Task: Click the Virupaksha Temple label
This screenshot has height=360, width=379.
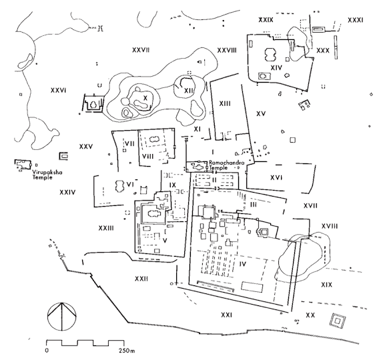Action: (x=47, y=175)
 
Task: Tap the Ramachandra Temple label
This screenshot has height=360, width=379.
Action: (x=227, y=165)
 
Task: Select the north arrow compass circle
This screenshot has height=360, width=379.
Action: (x=62, y=317)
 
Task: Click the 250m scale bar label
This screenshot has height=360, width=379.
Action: (x=127, y=351)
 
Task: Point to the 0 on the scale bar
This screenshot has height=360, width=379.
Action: (x=47, y=351)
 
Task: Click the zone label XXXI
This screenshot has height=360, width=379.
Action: (x=355, y=20)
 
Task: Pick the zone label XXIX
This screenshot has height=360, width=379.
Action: (x=266, y=20)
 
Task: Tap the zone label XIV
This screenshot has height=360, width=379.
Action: (x=276, y=68)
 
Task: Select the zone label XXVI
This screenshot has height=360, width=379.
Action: (x=59, y=90)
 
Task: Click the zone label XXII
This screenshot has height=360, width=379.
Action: (x=141, y=279)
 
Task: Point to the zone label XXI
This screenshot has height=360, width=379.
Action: (x=226, y=315)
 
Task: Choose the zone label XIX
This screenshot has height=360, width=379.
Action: (x=326, y=285)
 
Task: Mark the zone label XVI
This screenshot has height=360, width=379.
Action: (x=276, y=178)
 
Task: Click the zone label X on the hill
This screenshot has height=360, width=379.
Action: (x=145, y=98)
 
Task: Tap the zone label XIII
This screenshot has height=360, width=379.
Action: (x=225, y=103)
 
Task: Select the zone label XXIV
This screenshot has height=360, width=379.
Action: (x=67, y=193)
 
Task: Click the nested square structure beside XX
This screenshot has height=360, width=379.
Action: (x=338, y=321)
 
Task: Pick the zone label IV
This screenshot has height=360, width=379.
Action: (x=243, y=264)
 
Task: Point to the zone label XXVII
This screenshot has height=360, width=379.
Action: (x=141, y=50)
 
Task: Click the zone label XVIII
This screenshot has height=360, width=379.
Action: (x=330, y=226)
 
